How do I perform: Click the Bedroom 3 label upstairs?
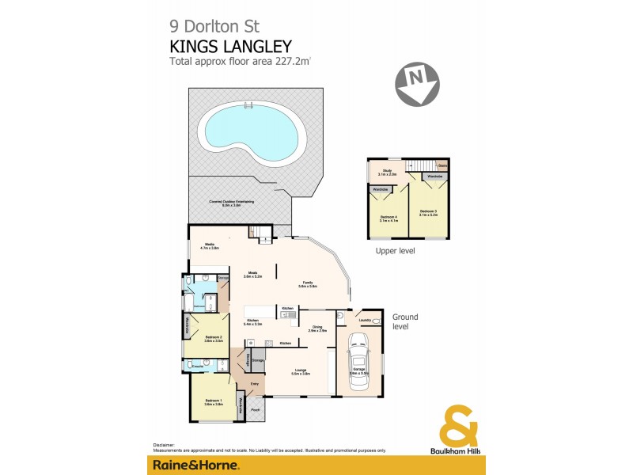(428, 212)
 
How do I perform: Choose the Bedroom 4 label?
(388, 218)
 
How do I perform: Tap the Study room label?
(387, 172)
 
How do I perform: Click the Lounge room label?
(300, 371)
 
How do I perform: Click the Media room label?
(210, 245)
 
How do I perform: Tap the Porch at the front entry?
(256, 410)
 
